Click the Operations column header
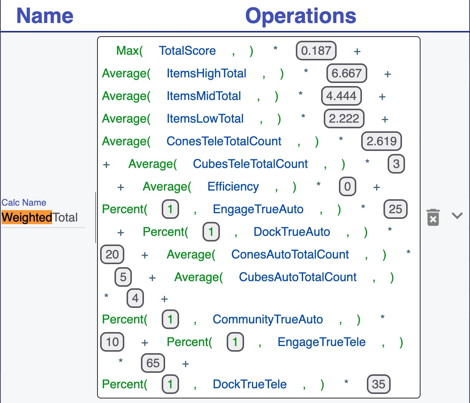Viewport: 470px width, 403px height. pyautogui.click(x=301, y=16)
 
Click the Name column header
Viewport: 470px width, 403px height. pyautogui.click(x=45, y=15)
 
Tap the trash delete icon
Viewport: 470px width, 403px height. pyautogui.click(x=433, y=217)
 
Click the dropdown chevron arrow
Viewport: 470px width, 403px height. pyautogui.click(x=457, y=215)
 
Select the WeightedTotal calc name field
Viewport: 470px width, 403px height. pyautogui.click(x=40, y=217)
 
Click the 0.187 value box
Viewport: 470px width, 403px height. pyautogui.click(x=316, y=51)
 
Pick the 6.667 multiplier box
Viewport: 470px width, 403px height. pyautogui.click(x=346, y=73)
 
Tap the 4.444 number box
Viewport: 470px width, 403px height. pyautogui.click(x=341, y=96)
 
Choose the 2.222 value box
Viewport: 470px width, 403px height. pyautogui.click(x=344, y=118)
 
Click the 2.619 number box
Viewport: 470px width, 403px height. pyautogui.click(x=382, y=141)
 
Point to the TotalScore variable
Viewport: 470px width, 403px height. pyautogui.click(x=187, y=51)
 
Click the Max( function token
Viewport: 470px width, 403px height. pyautogui.click(x=129, y=51)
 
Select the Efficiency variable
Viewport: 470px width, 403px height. pyautogui.click(x=233, y=187)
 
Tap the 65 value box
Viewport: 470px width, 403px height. pyautogui.click(x=153, y=363)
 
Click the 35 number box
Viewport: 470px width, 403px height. pyautogui.click(x=379, y=384)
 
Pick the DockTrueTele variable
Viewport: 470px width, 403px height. pyautogui.click(x=249, y=384)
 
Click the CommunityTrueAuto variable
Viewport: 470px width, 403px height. pyautogui.click(x=267, y=320)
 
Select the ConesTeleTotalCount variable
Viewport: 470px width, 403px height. pyautogui.click(x=224, y=141)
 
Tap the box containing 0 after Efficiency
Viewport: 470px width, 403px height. pyautogui.click(x=348, y=187)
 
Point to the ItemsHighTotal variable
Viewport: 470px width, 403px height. pyautogui.click(x=206, y=74)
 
